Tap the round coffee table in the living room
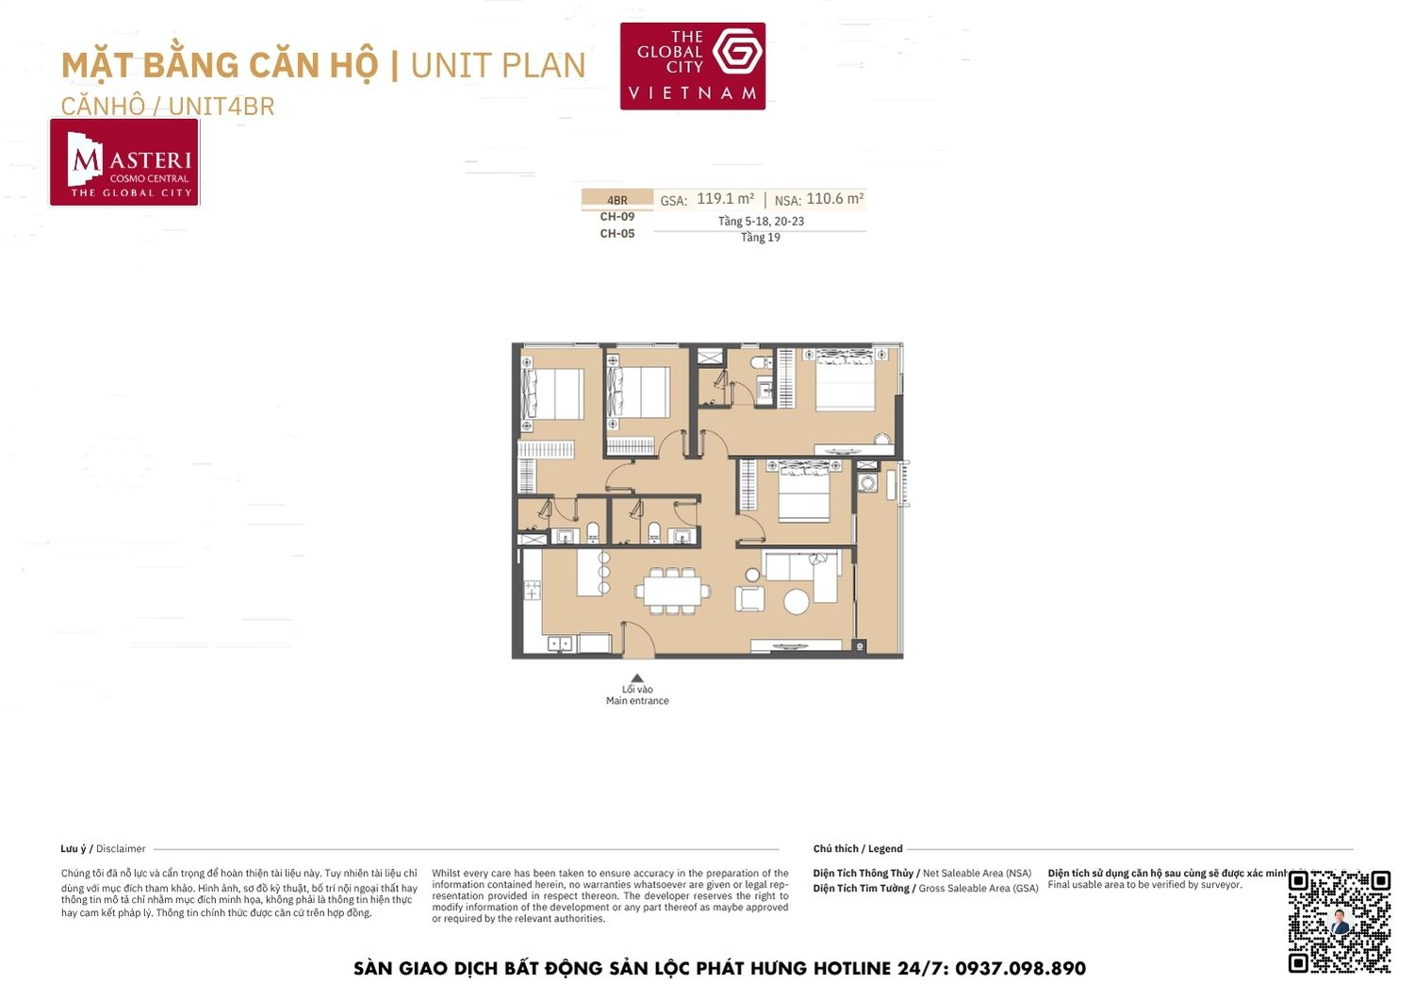coord(797,601)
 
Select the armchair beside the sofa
coord(750,598)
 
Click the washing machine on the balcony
coord(867,483)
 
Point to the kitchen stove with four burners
coord(533,591)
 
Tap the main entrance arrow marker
coord(637,677)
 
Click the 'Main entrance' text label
coord(637,701)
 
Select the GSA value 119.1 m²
coord(725,199)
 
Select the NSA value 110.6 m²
coord(834,199)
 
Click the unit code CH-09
coord(617,217)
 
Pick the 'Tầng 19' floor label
coord(760,238)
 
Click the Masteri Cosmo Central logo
coord(124,162)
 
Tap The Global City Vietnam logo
coord(692,66)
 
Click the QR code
coord(1339,921)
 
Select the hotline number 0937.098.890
coord(1020,969)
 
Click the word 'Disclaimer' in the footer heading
coord(121,849)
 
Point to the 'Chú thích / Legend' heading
coord(858,849)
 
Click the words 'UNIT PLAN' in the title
coord(498,65)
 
